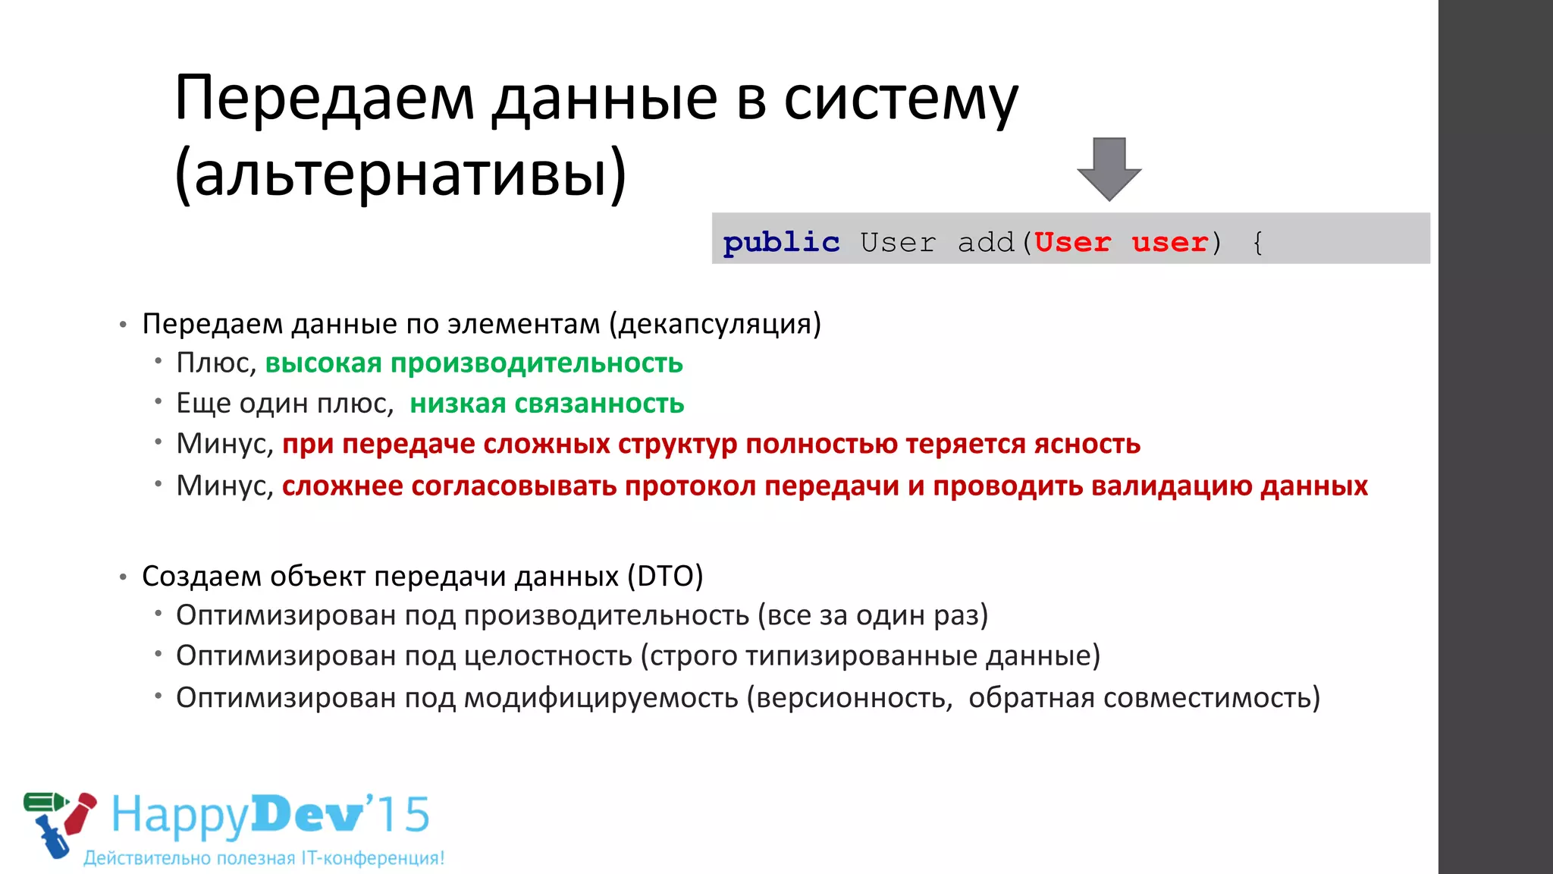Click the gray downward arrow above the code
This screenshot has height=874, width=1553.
[x=1109, y=168]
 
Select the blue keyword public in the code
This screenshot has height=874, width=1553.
[x=781, y=243]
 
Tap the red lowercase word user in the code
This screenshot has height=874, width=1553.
[x=1169, y=243]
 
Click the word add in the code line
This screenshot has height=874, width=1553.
[x=986, y=243]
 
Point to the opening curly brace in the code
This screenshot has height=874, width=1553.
[x=1258, y=243]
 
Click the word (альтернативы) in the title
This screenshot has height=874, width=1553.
[x=400, y=173]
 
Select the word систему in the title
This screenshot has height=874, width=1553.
[x=901, y=99]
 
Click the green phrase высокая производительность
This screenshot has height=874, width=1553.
[x=474, y=363]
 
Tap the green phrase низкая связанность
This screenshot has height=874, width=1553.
[x=547, y=404]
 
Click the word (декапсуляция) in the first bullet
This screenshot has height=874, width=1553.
[x=715, y=324]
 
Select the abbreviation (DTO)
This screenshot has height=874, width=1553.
[x=665, y=577]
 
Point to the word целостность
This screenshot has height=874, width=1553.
[x=547, y=655]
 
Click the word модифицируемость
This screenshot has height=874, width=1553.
[x=601, y=697]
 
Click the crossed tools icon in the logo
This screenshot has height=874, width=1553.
[x=59, y=823]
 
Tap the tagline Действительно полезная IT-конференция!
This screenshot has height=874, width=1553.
[x=264, y=858]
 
